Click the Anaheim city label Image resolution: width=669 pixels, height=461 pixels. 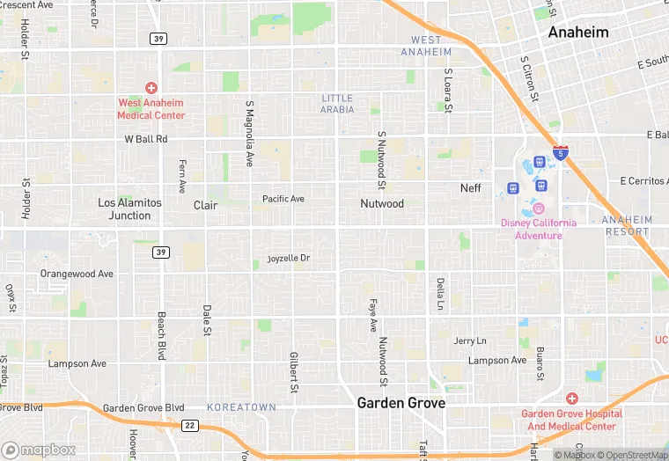click(x=577, y=32)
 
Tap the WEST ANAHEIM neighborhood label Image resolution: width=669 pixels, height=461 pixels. click(x=426, y=46)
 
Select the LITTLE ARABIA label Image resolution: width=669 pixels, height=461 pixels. click(x=337, y=104)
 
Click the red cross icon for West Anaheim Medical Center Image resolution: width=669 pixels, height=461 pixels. click(x=151, y=88)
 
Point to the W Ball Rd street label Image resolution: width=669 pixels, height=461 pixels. click(x=145, y=139)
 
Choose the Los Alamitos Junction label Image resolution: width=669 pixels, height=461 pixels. click(x=129, y=209)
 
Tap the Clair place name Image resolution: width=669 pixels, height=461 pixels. click(x=205, y=205)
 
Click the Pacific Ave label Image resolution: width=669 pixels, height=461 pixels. click(x=283, y=199)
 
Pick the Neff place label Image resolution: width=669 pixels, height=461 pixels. click(x=471, y=188)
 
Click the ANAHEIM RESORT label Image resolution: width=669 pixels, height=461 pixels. click(x=627, y=226)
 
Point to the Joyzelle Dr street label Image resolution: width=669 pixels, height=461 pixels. click(x=289, y=259)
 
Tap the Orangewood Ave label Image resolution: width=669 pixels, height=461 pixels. click(x=77, y=274)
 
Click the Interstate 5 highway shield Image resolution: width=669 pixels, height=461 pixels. click(x=561, y=154)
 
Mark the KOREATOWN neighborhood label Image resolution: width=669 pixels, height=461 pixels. click(x=241, y=407)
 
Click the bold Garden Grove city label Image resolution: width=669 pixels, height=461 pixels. click(x=401, y=403)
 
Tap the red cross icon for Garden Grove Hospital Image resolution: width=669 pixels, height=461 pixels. click(x=571, y=399)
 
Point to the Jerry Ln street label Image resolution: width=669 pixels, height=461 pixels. click(x=470, y=340)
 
